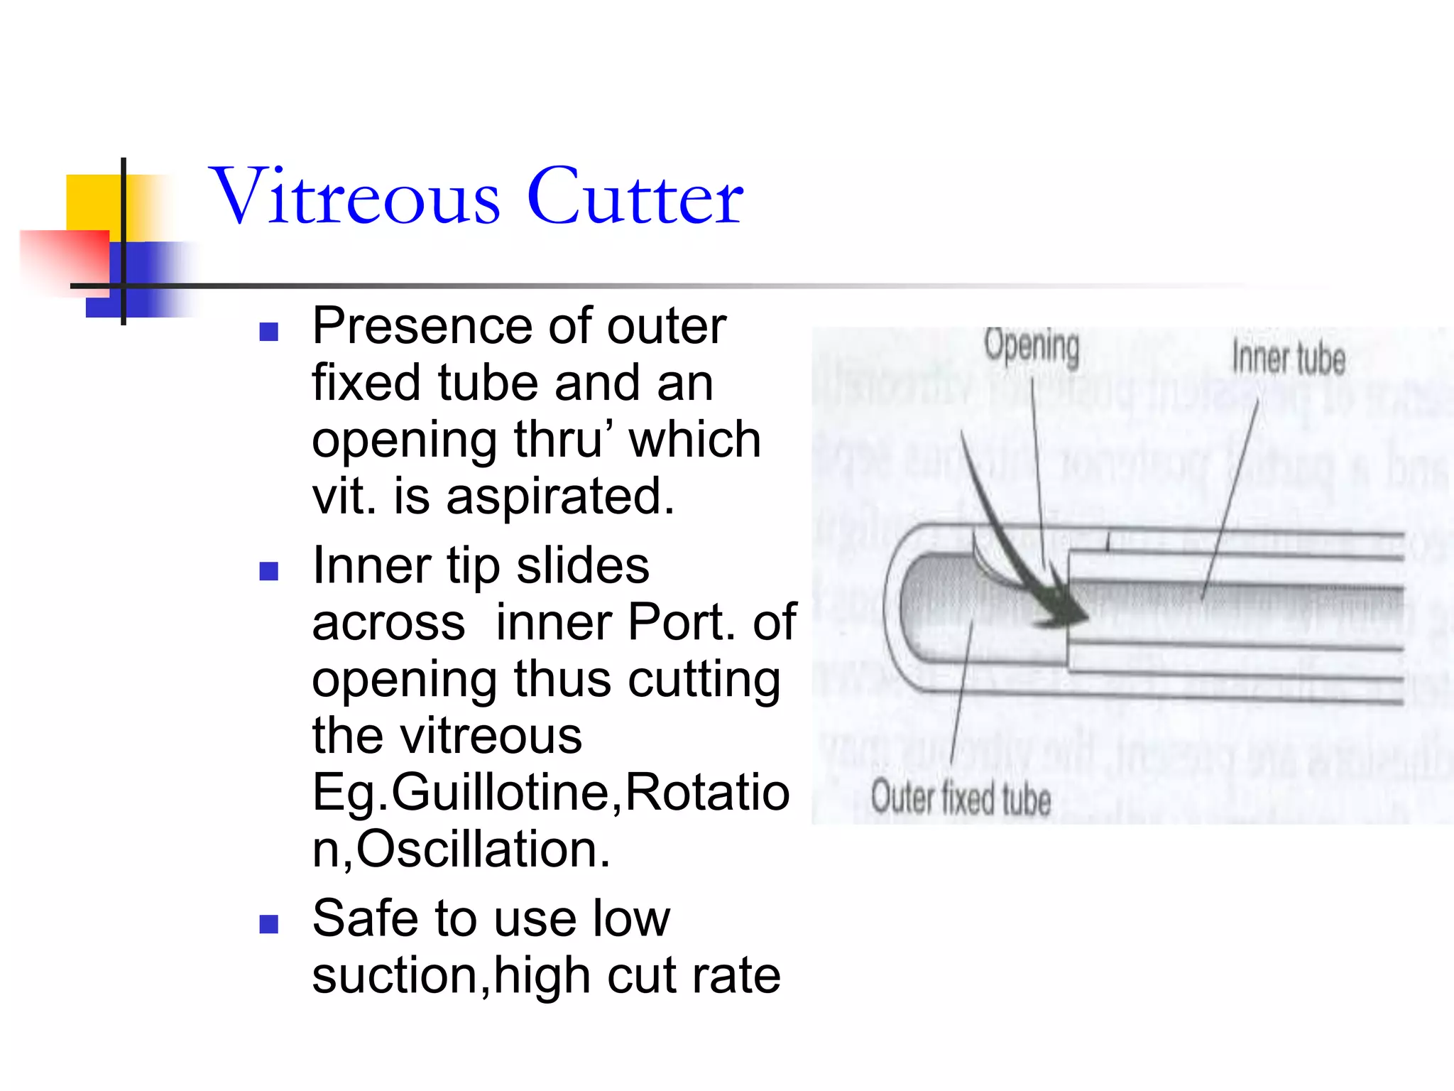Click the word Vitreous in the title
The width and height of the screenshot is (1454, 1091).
[x=355, y=196]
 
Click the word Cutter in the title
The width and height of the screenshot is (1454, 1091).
[x=635, y=196]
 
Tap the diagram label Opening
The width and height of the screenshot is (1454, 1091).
[x=1032, y=347]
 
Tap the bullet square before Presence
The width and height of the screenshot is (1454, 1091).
[x=268, y=332]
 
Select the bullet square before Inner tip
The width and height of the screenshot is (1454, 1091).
[x=268, y=571]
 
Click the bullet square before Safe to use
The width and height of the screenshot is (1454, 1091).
[x=268, y=923]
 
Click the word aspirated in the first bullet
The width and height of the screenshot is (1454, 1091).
[x=560, y=496]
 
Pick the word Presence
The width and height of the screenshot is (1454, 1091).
[x=422, y=327]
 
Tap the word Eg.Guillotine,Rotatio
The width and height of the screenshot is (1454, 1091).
[x=550, y=793]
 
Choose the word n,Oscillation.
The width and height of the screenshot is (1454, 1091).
[x=461, y=850]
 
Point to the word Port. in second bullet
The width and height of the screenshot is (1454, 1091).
[x=682, y=623]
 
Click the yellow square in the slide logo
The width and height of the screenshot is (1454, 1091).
[x=92, y=202]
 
